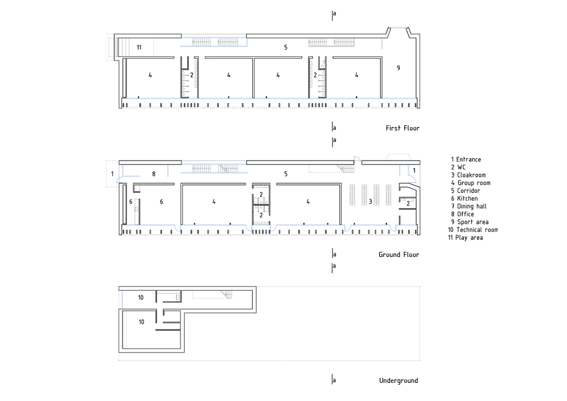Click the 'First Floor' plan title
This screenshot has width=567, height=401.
[403, 128]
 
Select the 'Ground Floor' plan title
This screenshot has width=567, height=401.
[399, 255]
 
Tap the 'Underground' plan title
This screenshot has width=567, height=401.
[399, 381]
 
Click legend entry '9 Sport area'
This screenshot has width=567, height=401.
[469, 222]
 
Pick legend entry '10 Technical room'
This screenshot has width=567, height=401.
[473, 230]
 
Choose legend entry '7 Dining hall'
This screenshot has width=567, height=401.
[469, 206]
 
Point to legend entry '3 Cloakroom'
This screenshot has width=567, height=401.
[468, 175]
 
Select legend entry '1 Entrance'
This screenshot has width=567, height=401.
[466, 159]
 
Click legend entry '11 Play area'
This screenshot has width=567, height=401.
[466, 238]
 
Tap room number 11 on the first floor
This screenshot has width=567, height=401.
[139, 48]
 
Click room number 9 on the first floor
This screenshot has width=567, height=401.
[399, 68]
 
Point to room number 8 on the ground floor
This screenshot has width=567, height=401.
[154, 174]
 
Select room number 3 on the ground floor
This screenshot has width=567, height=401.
[370, 201]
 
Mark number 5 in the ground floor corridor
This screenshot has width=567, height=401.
[286, 174]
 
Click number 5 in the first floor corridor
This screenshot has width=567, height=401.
[286, 48]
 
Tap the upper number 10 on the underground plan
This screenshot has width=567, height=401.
[141, 298]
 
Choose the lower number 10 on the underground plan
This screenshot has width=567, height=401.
[141, 322]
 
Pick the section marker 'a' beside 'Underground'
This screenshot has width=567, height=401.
[333, 379]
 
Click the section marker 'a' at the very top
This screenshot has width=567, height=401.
[333, 14]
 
